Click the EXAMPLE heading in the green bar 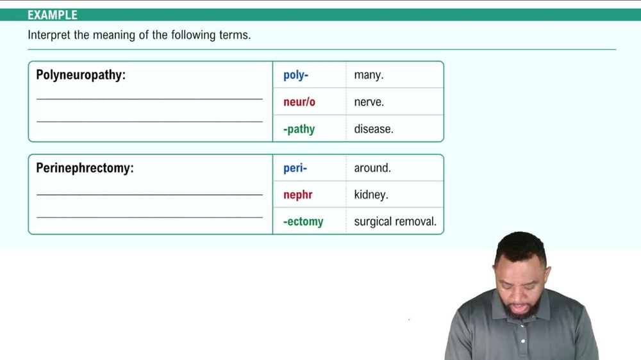tap(53, 15)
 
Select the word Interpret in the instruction tap(49, 35)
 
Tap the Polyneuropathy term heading tap(81, 75)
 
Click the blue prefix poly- tap(296, 75)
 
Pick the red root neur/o tap(299, 102)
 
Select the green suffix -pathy tap(299, 129)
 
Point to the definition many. tap(369, 75)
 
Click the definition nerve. tap(369, 102)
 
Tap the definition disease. tap(374, 129)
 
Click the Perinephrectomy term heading tap(85, 168)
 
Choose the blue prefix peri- tap(295, 168)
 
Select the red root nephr tap(298, 195)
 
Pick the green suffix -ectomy tap(303, 222)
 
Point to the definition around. tap(372, 168)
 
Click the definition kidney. tap(371, 195)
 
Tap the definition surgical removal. tap(395, 222)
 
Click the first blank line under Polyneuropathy tap(150, 99)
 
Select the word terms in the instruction tap(235, 35)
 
